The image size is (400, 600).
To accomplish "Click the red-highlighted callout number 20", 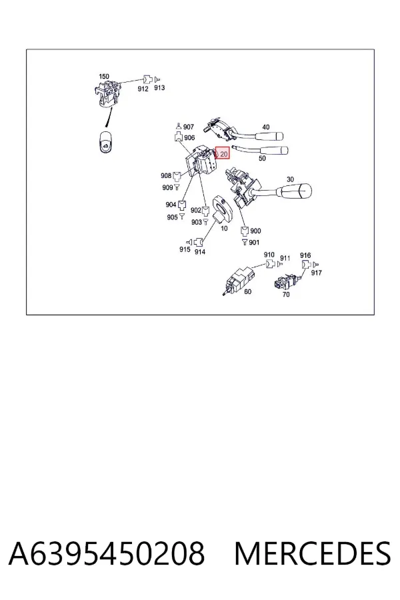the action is click(223, 154).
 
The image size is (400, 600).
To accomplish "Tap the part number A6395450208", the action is click(107, 554).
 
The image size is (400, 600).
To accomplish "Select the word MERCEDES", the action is click(313, 554).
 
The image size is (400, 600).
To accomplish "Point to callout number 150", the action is click(104, 77).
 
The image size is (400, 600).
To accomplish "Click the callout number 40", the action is click(265, 127).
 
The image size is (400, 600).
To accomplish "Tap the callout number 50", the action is click(262, 158).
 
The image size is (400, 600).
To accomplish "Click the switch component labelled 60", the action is click(239, 281).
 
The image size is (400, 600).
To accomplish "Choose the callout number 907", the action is click(188, 127).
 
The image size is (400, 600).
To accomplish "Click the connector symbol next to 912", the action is click(147, 79).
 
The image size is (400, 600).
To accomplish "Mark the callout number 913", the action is click(159, 87).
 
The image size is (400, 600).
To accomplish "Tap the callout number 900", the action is click(255, 231).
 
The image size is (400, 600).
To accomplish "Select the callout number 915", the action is click(185, 249).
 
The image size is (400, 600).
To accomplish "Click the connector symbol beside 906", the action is click(179, 137).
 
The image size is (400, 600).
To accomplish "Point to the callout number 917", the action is click(316, 273).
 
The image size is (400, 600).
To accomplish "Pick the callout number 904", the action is click(171, 205).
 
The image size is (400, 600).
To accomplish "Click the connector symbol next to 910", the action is click(269, 263).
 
